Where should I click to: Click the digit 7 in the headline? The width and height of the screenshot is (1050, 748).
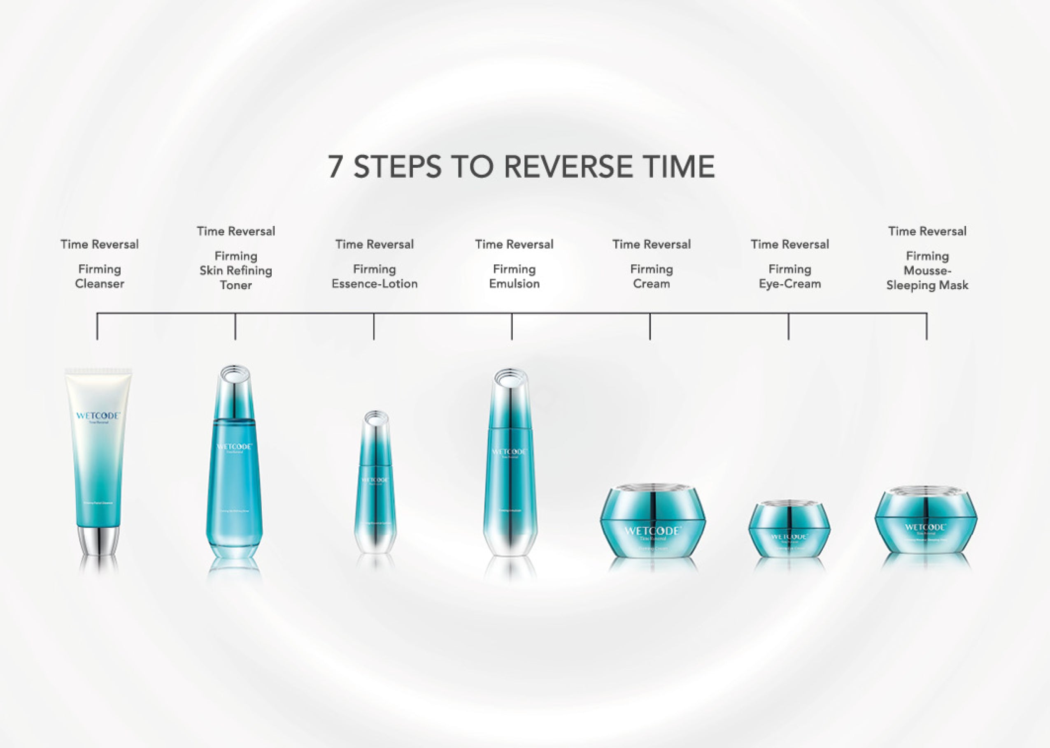coord(336,166)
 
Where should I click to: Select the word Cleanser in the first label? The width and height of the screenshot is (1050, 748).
coord(100,284)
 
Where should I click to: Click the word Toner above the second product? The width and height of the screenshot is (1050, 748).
coord(235,285)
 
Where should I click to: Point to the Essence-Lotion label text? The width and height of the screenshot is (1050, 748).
coord(374,284)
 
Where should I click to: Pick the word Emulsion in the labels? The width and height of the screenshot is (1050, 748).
coord(514,284)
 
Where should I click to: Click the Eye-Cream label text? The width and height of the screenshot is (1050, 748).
coord(789,284)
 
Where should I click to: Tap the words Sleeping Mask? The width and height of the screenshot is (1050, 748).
coord(927,285)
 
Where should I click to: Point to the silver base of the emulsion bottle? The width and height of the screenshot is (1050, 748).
coord(510,541)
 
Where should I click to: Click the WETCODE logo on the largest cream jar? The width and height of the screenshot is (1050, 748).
coord(652,531)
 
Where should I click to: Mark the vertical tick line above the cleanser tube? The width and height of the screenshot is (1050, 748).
coord(97,327)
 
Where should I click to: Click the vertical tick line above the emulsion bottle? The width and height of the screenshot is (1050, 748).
coord(512,327)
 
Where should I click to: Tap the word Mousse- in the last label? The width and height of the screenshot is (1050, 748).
coord(927,271)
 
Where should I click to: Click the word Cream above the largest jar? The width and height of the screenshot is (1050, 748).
coord(651,284)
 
